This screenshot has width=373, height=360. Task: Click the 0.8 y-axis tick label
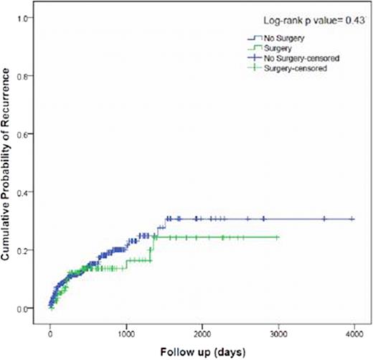(28, 75)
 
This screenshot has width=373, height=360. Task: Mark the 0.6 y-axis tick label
(28, 134)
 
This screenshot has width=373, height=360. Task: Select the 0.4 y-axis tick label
(28, 192)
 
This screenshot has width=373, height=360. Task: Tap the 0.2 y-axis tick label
(28, 250)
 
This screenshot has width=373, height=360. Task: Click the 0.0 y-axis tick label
(28, 308)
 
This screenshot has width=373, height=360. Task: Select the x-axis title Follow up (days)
(202, 351)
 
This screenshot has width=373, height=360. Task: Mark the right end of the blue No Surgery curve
(354, 219)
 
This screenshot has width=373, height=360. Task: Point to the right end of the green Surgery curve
(278, 237)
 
